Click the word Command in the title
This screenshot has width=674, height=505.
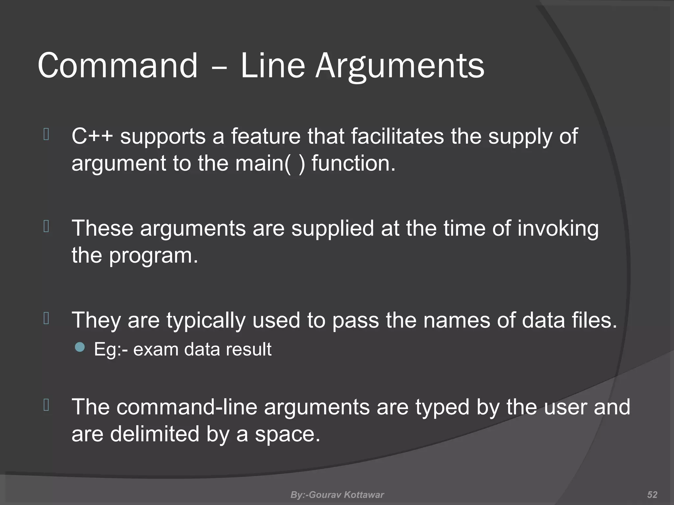point(118,66)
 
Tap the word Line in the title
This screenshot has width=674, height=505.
point(273,66)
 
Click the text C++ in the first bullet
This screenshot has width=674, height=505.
point(92,136)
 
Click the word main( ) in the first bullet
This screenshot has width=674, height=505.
point(270,163)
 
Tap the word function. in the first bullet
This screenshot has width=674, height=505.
point(353,163)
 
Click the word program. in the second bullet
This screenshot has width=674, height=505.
point(153,256)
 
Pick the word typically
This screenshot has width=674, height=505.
point(206,320)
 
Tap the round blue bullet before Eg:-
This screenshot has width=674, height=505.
point(80,347)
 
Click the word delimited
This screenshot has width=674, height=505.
point(155,434)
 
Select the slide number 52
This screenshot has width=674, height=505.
point(652,495)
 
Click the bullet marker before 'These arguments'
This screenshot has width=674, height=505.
point(46,227)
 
